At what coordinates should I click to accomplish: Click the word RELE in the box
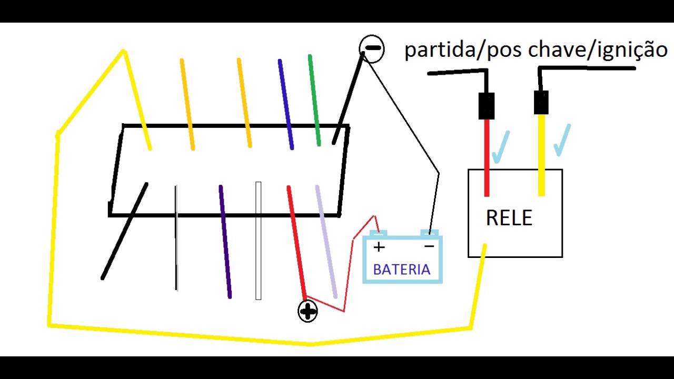(509, 217)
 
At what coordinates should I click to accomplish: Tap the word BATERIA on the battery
(401, 270)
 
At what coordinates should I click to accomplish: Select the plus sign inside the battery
(379, 246)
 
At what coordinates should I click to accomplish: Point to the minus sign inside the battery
(429, 246)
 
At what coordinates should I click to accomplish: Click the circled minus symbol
(372, 49)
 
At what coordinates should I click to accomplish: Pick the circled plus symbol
(308, 311)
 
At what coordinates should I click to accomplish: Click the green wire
(314, 100)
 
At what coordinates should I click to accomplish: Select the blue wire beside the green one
(286, 104)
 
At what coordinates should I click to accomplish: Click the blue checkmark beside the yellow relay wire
(562, 139)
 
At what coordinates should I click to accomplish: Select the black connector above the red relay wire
(486, 106)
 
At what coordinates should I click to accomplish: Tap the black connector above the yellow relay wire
(541, 102)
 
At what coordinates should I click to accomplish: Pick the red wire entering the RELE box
(487, 158)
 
